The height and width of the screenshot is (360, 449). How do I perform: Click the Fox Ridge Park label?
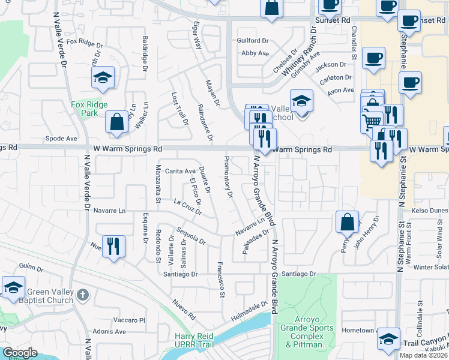coord(89,109)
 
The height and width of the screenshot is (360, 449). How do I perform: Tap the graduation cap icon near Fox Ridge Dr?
coord(103,77)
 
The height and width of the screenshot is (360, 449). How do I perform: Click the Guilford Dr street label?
coord(253,40)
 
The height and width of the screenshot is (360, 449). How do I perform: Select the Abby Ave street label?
coord(255,53)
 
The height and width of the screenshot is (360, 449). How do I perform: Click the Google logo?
coord(19,353)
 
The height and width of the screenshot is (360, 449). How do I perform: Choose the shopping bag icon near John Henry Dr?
coord(348,223)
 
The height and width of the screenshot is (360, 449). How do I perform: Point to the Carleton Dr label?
coord(336,77)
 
